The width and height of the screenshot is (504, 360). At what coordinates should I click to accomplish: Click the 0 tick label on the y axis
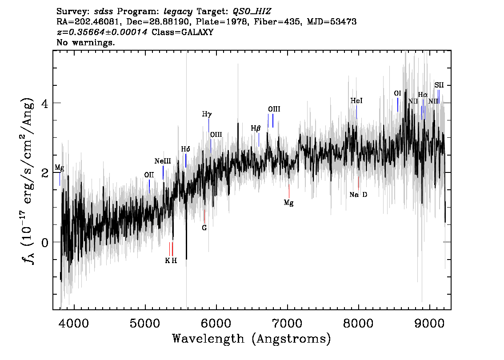point(45,242)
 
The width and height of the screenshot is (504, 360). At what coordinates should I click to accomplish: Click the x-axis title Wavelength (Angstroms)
point(252,339)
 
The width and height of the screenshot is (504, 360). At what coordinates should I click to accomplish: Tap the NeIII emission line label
point(163,161)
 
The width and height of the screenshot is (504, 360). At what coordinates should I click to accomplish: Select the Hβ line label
point(256,128)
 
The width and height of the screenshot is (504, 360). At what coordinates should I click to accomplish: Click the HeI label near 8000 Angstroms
point(356,100)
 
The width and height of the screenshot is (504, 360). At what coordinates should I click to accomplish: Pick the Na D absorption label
point(358,195)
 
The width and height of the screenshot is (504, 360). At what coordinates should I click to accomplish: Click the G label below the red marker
point(204,228)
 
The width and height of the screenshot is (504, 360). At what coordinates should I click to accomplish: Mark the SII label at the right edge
point(439,85)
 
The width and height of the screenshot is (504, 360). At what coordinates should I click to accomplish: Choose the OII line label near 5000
point(149,175)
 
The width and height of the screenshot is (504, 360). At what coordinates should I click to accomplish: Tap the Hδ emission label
point(185,149)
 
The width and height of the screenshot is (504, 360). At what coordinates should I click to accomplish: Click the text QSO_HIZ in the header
point(252,12)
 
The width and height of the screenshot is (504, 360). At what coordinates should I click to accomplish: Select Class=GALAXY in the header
point(183,32)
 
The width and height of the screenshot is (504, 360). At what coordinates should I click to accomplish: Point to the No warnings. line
point(85,42)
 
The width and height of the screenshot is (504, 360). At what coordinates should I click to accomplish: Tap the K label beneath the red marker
point(168,261)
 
